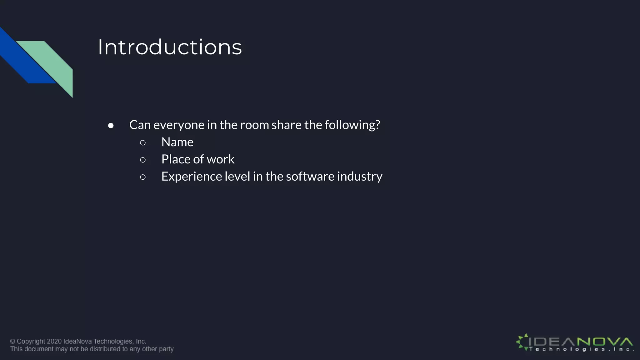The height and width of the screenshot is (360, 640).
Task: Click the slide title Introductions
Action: [170, 47]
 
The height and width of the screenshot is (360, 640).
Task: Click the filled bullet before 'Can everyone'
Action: [111, 126]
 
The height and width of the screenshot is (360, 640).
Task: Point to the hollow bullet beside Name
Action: [143, 143]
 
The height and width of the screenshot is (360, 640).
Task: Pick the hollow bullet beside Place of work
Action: [143, 160]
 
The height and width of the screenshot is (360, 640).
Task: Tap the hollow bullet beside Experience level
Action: [143, 177]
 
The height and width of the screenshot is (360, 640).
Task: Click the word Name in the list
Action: [177, 142]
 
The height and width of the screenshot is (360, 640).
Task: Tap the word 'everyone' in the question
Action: [179, 125]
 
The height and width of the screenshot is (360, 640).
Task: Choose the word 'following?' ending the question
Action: [352, 125]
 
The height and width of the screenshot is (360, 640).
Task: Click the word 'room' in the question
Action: [254, 125]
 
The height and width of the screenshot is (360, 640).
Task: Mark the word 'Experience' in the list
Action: [190, 177]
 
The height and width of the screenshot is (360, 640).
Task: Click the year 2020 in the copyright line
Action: [54, 341]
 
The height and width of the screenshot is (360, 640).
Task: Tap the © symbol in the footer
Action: [12, 341]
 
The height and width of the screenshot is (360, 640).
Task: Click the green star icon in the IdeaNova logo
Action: [522, 342]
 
